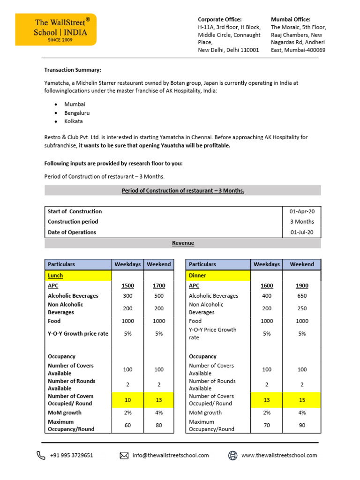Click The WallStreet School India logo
(x=56, y=30)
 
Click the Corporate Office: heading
(x=220, y=19)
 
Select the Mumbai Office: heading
(x=291, y=19)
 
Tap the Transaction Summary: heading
(x=72, y=70)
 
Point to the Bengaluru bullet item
(x=77, y=113)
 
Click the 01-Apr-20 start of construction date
(x=302, y=211)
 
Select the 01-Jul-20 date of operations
(x=302, y=232)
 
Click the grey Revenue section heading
(x=183, y=243)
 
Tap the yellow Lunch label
(x=55, y=276)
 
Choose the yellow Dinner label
(x=197, y=276)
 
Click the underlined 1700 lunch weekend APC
(x=159, y=286)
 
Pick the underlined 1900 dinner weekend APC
(x=302, y=286)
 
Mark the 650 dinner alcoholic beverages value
(x=302, y=296)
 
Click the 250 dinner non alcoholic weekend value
(x=302, y=308)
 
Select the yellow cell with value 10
(x=127, y=399)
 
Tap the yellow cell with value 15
(x=302, y=399)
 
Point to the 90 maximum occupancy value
(x=302, y=425)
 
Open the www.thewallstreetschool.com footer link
(x=279, y=455)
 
